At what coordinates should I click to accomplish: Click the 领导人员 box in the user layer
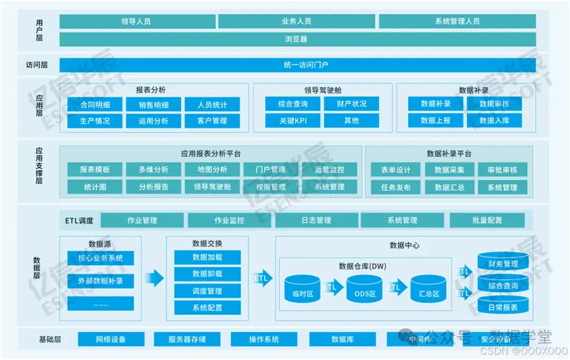[137, 21]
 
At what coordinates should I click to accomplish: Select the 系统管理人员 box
[457, 21]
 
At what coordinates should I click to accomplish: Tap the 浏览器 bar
[297, 39]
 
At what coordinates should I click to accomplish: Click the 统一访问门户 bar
[297, 65]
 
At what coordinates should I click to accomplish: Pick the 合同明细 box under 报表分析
[95, 104]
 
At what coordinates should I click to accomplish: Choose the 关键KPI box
[293, 120]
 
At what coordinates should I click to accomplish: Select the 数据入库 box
[494, 120]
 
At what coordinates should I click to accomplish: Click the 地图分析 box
[213, 170]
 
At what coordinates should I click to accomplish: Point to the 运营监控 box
[330, 170]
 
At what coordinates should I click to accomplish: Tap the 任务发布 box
[396, 187]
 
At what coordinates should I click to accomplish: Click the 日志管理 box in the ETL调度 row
[316, 220]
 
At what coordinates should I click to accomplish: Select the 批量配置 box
[486, 220]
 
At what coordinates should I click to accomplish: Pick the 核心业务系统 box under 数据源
[101, 258]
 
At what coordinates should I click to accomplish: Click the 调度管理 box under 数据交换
[207, 291]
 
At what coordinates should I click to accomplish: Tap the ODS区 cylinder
[365, 290]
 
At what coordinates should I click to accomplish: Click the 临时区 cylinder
[302, 290]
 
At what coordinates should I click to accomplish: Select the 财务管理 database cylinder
[503, 262]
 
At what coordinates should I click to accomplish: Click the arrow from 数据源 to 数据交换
[154, 277]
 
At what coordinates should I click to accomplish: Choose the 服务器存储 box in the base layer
[187, 339]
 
